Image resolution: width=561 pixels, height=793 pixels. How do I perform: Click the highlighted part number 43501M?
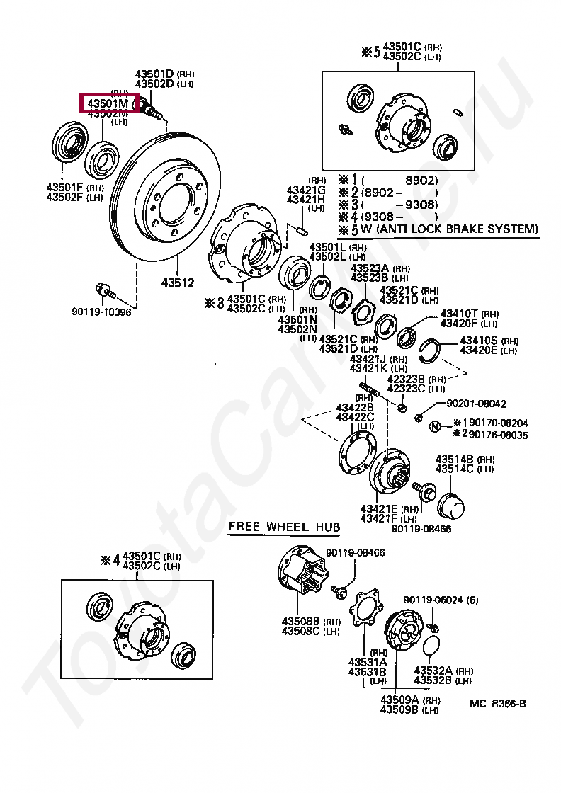[108, 104]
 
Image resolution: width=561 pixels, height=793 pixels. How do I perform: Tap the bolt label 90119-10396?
[101, 312]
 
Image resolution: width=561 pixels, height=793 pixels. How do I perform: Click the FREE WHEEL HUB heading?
[284, 527]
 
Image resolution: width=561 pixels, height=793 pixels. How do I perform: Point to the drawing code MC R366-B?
[497, 703]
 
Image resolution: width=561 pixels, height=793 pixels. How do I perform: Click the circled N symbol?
[435, 425]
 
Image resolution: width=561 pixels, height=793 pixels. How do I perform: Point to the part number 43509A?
[400, 700]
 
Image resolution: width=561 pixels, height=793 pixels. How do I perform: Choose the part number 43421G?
[305, 190]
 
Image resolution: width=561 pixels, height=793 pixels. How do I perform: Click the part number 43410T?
[460, 314]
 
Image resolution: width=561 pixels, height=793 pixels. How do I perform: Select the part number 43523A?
[370, 268]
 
